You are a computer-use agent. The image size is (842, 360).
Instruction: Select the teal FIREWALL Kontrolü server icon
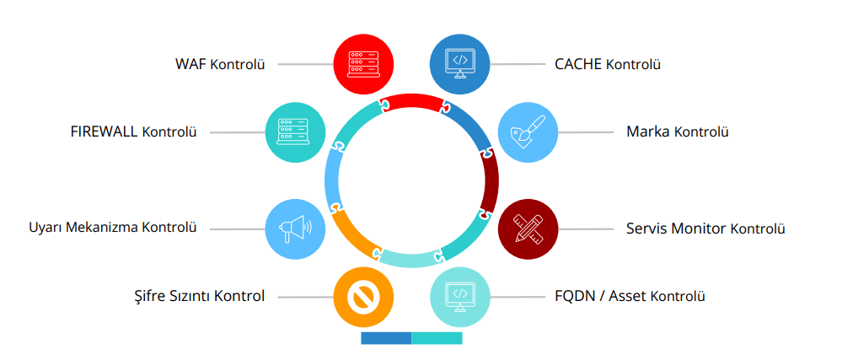(296, 132)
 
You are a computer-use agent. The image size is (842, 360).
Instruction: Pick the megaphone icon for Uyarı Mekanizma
(296, 228)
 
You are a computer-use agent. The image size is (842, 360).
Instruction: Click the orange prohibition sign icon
(365, 296)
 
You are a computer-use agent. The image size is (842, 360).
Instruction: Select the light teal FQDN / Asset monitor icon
(460, 296)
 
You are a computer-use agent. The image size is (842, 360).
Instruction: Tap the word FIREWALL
(105, 132)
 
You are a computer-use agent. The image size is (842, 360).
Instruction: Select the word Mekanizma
(105, 228)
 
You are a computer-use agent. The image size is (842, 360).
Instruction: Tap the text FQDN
(575, 296)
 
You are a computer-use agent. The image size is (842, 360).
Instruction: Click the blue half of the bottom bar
(386, 338)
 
